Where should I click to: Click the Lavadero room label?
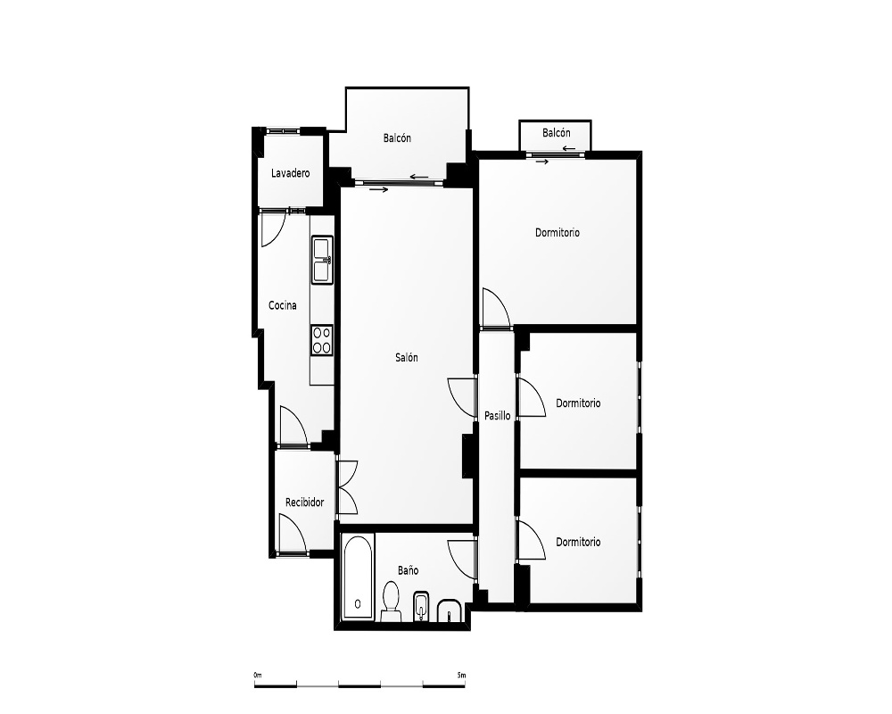290,173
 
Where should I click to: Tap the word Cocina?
283,306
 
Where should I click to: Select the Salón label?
407,358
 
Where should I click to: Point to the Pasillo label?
497,416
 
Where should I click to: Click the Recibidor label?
304,502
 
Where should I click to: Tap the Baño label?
408,570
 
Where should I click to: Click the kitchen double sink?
322,260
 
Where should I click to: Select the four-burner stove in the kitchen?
322,340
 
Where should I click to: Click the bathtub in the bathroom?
359,577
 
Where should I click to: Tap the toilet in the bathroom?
391,602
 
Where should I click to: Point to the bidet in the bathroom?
421,606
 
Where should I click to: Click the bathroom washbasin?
451,611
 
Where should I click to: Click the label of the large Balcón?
397,137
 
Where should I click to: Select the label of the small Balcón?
557,133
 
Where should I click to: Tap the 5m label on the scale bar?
461,676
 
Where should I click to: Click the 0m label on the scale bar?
258,676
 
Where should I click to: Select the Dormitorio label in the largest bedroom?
557,233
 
